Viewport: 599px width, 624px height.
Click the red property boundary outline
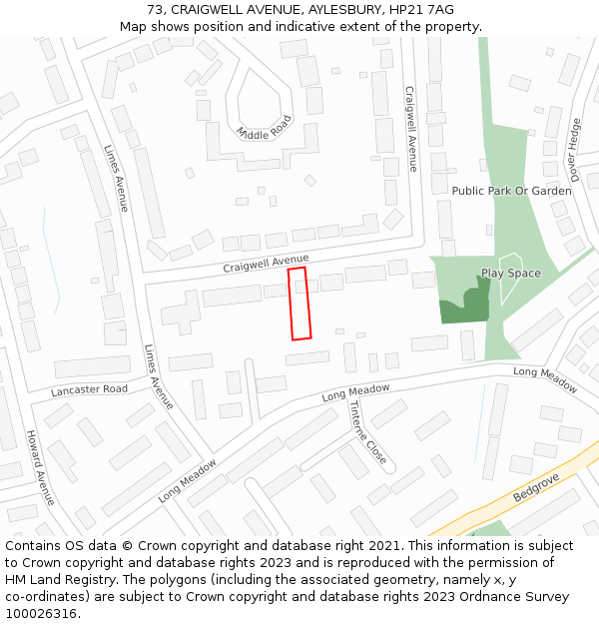299,304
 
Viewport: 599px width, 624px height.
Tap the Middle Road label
264,127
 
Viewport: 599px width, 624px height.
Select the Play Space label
510,274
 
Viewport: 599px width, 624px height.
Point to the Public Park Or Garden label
511,191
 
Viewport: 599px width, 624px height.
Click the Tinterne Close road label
366,432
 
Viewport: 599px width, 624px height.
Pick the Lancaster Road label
90,389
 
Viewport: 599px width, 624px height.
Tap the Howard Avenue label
40,467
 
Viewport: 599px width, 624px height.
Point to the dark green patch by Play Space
465,306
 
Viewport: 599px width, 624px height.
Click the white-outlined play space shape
509,281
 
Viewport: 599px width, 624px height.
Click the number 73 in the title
155,9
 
